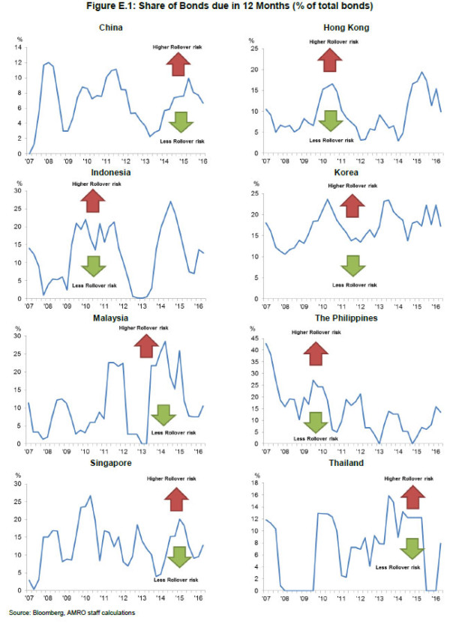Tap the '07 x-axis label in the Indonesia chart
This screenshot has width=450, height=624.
pyautogui.click(x=31, y=306)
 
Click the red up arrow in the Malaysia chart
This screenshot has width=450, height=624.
pyautogui.click(x=145, y=346)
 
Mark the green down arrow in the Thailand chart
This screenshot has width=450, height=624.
pyautogui.click(x=411, y=548)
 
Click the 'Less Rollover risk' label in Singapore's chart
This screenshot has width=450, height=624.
pyautogui.click(x=178, y=579)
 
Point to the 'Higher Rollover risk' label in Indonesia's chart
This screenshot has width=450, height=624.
pyautogui.click(x=91, y=184)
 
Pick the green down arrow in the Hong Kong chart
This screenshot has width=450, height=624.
pyautogui.click(x=329, y=120)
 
